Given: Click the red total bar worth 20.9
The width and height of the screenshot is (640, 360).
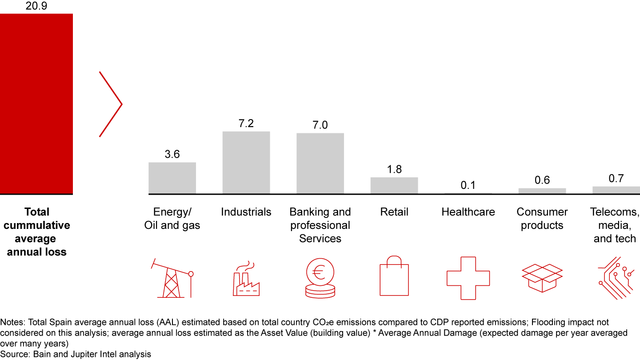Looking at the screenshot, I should click(36, 104).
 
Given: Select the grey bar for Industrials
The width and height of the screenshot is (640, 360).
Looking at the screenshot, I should click(246, 162).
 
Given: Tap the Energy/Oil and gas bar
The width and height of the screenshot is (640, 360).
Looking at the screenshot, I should click(172, 178).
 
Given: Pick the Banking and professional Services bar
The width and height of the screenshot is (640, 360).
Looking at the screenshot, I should click(320, 163).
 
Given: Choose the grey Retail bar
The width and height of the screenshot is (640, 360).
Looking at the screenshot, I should click(394, 185).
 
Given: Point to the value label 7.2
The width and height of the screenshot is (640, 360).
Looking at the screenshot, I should click(246, 124).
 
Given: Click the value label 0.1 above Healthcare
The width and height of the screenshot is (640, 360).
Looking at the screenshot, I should click(468, 185).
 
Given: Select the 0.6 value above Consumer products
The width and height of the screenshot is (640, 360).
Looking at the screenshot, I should click(542, 180).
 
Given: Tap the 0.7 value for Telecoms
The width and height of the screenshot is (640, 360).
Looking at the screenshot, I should click(616, 179).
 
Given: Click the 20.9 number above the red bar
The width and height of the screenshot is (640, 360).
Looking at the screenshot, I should click(36, 6).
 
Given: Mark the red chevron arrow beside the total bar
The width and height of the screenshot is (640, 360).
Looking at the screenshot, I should click(111, 104).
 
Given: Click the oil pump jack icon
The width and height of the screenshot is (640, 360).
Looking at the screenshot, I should click(173, 278).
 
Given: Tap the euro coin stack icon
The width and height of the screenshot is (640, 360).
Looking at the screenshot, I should click(320, 277).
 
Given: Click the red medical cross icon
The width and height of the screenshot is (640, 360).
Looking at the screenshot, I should click(468, 278).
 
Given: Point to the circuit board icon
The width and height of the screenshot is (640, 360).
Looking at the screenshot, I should click(616, 278).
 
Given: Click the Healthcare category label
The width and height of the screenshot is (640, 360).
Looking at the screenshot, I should click(468, 212).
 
